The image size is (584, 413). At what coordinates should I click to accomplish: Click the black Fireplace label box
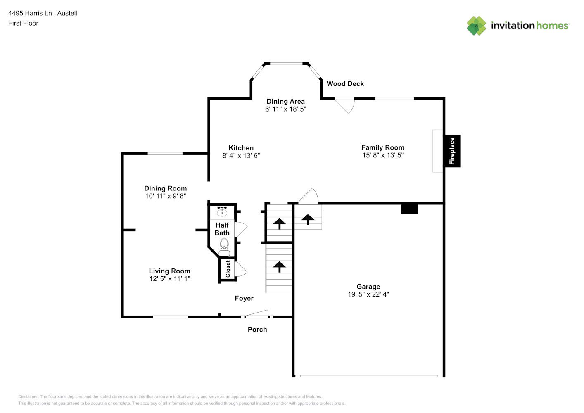point(452,151)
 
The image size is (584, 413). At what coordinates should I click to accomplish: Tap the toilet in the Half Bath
point(224,247)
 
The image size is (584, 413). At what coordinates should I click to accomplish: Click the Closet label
point(228,269)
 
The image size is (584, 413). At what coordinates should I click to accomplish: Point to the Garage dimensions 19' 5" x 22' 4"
point(368,294)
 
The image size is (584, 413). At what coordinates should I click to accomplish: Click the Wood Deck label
point(345,84)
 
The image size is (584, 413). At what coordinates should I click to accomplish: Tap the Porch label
point(257,330)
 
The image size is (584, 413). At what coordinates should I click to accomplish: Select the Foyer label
point(244,298)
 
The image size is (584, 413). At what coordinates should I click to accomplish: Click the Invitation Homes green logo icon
point(476,26)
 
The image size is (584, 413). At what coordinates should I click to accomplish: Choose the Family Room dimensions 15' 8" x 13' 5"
point(382,155)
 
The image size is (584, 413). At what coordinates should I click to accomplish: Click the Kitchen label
point(241,148)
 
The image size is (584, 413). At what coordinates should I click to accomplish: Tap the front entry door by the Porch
point(257,314)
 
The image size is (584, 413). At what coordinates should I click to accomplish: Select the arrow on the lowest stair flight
point(280,267)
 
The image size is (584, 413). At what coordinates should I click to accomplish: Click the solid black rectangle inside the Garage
point(409,209)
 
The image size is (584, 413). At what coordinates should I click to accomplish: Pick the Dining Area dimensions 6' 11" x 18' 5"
point(285,109)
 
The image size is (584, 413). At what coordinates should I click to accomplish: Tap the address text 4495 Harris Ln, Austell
point(43,13)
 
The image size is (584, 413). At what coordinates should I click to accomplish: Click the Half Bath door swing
point(241,229)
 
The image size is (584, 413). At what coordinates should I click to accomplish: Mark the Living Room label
point(170,271)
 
